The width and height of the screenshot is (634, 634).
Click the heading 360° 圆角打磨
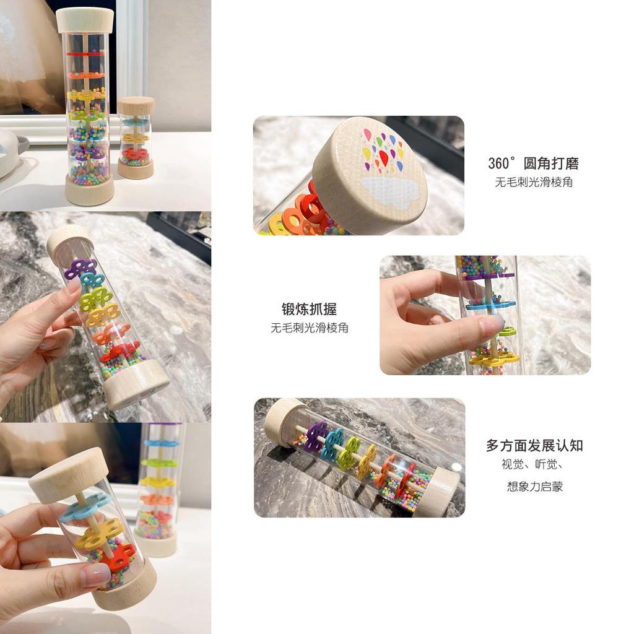pos(533,163)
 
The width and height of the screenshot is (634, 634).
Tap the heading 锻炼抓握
pos(310,310)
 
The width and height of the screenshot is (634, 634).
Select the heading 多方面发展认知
pos(534,446)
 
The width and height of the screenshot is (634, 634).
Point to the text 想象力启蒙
pos(535,486)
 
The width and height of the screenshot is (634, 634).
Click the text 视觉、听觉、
pos(532,464)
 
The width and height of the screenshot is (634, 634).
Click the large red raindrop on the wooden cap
pos(384,158)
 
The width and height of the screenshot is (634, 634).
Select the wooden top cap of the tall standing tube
pos(85,20)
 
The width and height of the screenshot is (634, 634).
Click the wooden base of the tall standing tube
pos(89,189)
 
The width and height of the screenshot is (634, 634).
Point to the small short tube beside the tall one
pos(136,137)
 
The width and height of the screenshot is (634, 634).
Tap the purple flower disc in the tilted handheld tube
pos(80,269)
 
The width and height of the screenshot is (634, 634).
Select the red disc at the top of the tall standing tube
pos(85,53)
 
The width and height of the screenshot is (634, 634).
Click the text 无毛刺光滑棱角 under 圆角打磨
pos(534,182)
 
